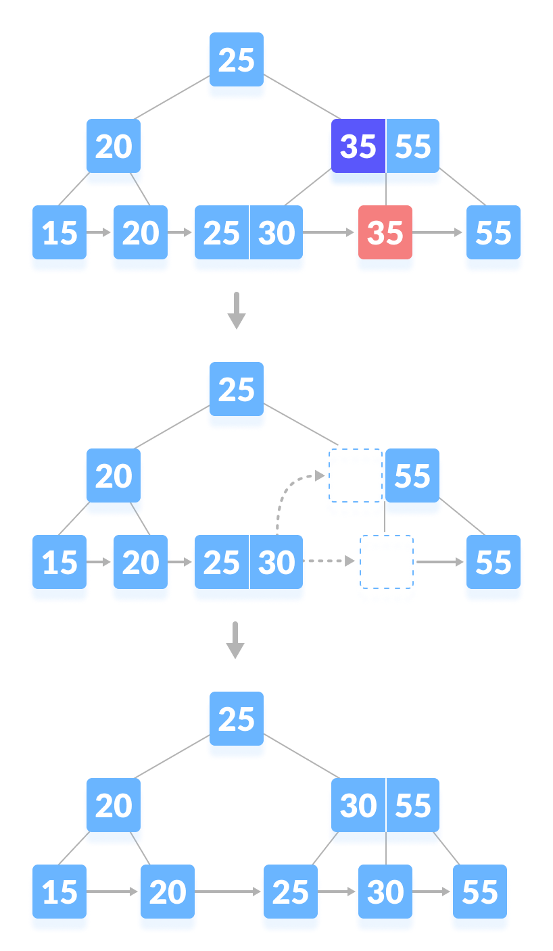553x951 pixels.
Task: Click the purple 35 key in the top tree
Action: point(358,147)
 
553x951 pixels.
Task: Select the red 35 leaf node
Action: point(385,233)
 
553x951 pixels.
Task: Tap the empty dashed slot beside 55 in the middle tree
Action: point(354,485)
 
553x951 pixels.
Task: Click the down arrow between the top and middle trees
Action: point(236,311)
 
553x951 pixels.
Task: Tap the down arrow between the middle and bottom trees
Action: point(235,640)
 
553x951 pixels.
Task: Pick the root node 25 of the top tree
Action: point(236,61)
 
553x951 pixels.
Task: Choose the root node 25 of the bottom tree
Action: point(236,720)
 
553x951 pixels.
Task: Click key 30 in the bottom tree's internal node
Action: point(358,806)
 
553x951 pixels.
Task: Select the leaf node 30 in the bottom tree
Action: point(385,893)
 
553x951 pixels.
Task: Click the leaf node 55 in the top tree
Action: point(493,234)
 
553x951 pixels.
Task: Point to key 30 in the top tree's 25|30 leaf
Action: point(276,234)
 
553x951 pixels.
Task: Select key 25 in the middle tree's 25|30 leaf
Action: point(221,563)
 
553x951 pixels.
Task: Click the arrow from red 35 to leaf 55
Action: point(439,232)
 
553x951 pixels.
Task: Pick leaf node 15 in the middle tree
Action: point(59,563)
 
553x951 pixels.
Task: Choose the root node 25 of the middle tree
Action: point(236,390)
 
